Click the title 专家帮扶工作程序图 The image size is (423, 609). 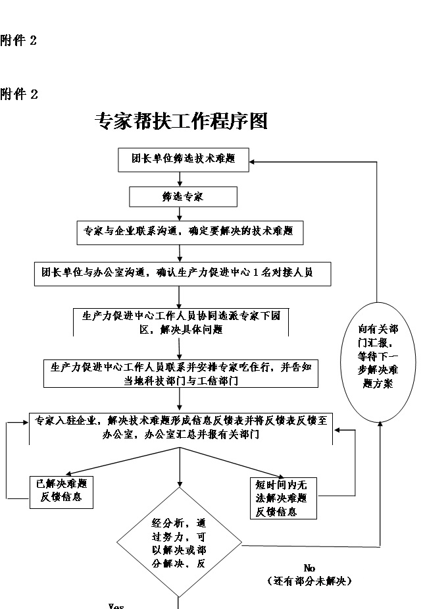181,120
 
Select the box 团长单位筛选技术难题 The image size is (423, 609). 183,159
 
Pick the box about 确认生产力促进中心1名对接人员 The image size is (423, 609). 182,273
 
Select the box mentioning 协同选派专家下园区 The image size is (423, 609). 180,323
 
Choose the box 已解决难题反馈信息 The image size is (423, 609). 60,491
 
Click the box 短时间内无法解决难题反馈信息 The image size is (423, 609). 282,498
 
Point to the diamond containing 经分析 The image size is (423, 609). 180,543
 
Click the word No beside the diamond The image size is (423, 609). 310,568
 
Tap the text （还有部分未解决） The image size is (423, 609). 310,581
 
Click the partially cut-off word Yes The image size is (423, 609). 116,606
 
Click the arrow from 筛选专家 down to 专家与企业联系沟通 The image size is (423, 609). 180,213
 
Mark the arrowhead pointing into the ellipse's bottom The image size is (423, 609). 381,425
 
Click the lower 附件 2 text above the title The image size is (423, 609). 19,95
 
